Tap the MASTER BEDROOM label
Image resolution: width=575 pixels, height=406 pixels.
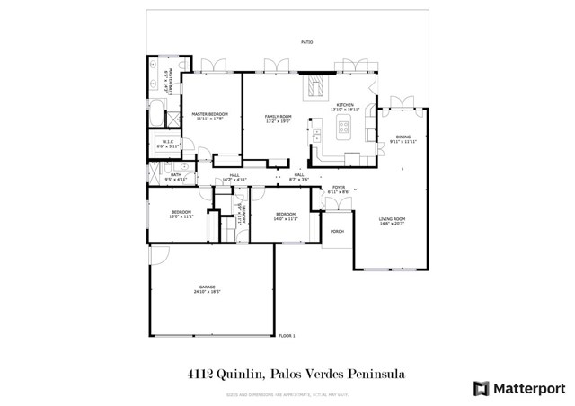[x=210, y=114]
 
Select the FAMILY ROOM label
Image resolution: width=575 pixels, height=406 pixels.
[x=278, y=117]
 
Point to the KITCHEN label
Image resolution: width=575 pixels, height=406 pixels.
[x=346, y=105]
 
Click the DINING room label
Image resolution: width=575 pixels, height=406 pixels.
[x=403, y=137]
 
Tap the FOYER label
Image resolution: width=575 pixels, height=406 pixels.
[x=339, y=188]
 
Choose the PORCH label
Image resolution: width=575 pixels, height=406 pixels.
[x=337, y=231]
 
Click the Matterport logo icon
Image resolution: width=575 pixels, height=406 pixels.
[x=482, y=388]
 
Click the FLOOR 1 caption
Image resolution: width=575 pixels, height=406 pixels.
[x=287, y=335]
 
